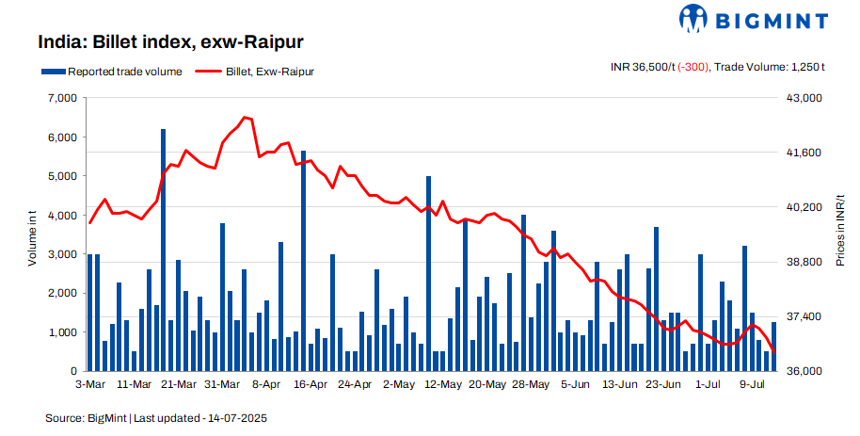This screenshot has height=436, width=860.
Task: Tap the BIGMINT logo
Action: pyautogui.click(x=754, y=19)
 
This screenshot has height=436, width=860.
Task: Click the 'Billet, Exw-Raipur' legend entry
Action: pyautogui.click(x=255, y=71)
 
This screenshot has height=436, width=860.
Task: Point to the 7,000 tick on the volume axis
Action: pyautogui.click(x=62, y=98)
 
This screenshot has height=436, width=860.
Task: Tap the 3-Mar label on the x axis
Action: pyautogui.click(x=89, y=384)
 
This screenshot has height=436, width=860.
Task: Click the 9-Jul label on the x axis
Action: pyautogui.click(x=751, y=384)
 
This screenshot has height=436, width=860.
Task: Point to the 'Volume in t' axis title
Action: pyautogui.click(x=32, y=235)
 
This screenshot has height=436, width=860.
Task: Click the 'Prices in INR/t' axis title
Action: pyautogui.click(x=840, y=234)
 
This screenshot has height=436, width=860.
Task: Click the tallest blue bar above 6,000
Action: pyautogui.click(x=163, y=250)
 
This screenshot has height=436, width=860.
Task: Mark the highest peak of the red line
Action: pyautogui.click(x=244, y=118)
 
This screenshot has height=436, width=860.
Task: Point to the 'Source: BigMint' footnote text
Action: pyautogui.click(x=85, y=417)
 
